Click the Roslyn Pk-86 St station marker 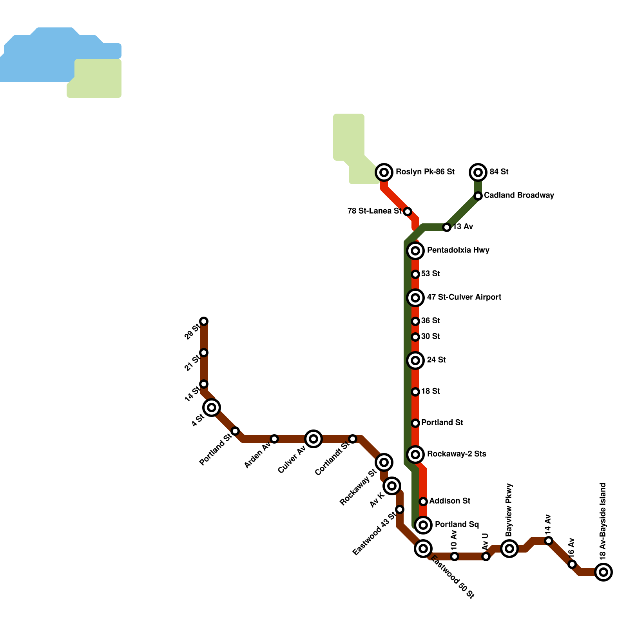384,172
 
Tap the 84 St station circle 478,172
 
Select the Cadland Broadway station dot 478,196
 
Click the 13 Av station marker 447,227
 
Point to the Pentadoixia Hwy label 458,250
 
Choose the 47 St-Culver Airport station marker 415,297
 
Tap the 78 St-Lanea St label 374,211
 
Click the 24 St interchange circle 415,360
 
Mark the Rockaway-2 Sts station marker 415,454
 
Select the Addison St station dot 423,501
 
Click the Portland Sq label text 457,524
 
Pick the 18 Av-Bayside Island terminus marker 603,572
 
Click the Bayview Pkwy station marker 509,548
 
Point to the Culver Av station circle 313,439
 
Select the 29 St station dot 204,321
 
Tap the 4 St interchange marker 212,408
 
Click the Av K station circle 392,486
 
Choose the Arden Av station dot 274,439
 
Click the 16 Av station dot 572,564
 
